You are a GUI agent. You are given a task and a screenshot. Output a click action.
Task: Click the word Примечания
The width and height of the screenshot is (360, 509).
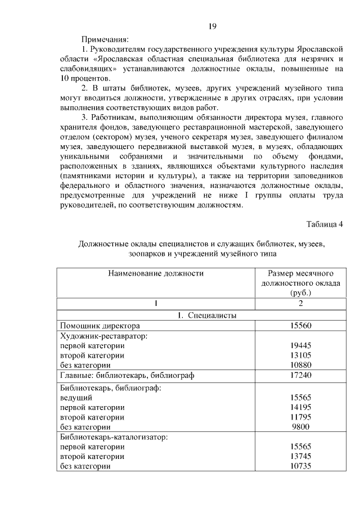click(x=105, y=40)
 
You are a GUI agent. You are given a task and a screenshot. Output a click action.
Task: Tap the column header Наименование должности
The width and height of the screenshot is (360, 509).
click(x=155, y=273)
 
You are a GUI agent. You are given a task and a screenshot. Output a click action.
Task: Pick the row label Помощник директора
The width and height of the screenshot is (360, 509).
click(x=100, y=326)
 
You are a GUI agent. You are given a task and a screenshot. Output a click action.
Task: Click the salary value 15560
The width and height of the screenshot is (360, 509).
click(x=300, y=326)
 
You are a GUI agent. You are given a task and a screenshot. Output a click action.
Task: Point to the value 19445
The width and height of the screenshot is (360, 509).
click(x=300, y=345)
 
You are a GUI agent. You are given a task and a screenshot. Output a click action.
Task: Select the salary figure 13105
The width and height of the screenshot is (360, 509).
click(x=300, y=355)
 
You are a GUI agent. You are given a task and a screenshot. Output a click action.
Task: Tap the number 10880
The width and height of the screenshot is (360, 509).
click(x=300, y=366)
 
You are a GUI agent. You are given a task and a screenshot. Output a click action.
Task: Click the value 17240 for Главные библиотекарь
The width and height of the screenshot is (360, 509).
click(x=300, y=376)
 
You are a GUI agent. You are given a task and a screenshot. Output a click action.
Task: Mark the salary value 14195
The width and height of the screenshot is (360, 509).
click(x=300, y=407)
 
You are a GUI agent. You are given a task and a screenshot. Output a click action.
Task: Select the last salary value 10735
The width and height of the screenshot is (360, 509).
click(x=300, y=466)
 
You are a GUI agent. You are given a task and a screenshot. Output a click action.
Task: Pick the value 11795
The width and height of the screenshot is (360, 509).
click(x=300, y=417)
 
